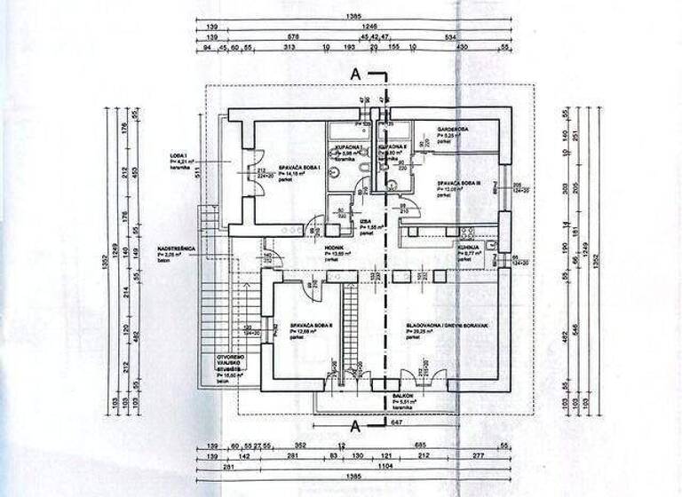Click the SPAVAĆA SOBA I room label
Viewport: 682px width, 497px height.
tap(299, 167)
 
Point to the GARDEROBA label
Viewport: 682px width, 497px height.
tap(457, 129)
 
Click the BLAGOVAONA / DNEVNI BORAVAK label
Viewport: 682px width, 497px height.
tap(449, 326)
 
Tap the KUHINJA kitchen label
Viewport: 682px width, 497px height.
tap(469, 248)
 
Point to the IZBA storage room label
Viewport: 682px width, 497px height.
tap(365, 224)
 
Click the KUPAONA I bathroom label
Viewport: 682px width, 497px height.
tap(346, 145)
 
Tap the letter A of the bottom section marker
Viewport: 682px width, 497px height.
tap(356, 427)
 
